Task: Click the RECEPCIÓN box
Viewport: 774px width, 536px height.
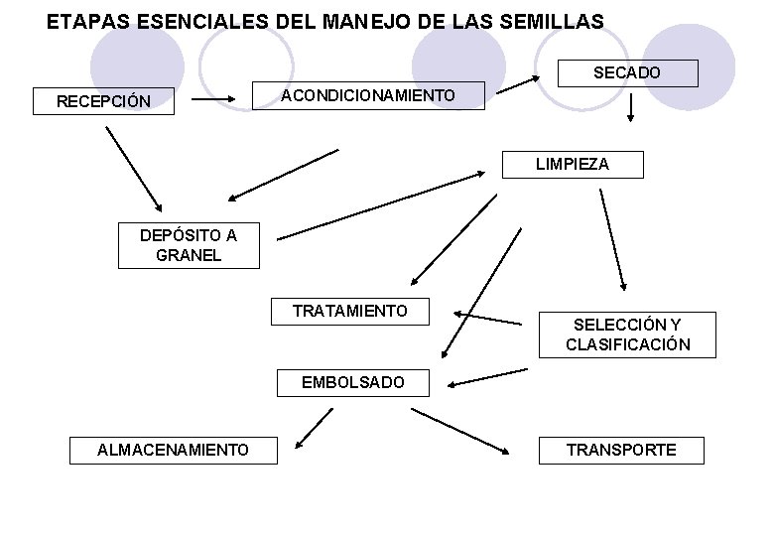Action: pyautogui.click(x=104, y=101)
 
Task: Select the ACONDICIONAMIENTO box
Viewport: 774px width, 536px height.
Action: pyautogui.click(x=369, y=95)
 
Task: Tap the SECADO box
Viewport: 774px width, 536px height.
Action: pyautogui.click(x=627, y=73)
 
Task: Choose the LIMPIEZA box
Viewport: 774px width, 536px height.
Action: pyautogui.click(x=573, y=164)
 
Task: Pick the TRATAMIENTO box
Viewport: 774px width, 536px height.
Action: pyautogui.click(x=350, y=311)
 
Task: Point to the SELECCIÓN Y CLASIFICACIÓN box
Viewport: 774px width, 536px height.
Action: pyautogui.click(x=627, y=335)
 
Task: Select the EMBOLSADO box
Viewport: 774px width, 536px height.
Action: pyautogui.click(x=353, y=381)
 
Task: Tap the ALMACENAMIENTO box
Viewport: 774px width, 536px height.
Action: pyautogui.click(x=173, y=451)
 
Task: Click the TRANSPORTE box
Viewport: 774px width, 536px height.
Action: pyautogui.click(x=621, y=450)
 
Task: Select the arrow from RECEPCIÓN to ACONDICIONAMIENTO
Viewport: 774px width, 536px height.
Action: pyautogui.click(x=214, y=99)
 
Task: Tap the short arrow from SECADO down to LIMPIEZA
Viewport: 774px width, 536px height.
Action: pyautogui.click(x=630, y=109)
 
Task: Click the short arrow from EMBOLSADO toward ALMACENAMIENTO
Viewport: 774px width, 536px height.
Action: pyautogui.click(x=313, y=428)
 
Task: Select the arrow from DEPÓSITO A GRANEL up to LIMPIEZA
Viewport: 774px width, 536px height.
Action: pyautogui.click(x=380, y=205)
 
